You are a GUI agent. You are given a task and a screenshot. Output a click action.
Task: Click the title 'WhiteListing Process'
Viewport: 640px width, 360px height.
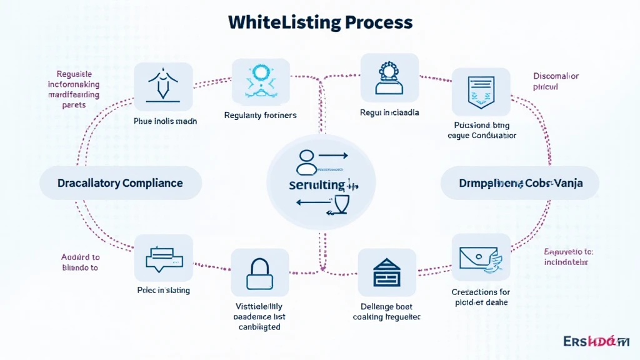click(320, 22)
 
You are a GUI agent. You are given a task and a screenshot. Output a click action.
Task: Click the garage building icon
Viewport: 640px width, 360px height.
click(387, 272)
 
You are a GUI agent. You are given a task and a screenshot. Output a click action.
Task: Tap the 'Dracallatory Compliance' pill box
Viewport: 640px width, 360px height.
click(120, 183)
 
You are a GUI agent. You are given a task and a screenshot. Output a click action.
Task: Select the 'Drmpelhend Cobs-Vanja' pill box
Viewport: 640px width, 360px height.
click(520, 183)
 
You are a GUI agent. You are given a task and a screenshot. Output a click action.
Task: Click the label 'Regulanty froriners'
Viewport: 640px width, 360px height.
click(260, 115)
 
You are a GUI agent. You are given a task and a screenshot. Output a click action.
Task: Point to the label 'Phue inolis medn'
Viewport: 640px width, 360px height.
click(165, 121)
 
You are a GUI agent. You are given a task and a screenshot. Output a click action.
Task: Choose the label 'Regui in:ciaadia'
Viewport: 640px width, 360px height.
click(389, 113)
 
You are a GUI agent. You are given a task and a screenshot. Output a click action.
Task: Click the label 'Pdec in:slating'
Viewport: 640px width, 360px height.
click(164, 290)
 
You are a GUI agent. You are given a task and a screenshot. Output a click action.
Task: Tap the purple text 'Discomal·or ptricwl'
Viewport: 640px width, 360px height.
click(556, 82)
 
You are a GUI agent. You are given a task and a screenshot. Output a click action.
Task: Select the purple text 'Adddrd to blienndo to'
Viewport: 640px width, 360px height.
click(80, 262)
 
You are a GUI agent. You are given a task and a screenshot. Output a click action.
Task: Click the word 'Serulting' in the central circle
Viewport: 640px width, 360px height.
click(317, 185)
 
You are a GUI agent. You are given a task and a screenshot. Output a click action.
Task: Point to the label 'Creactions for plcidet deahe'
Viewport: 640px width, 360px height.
click(480, 297)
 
